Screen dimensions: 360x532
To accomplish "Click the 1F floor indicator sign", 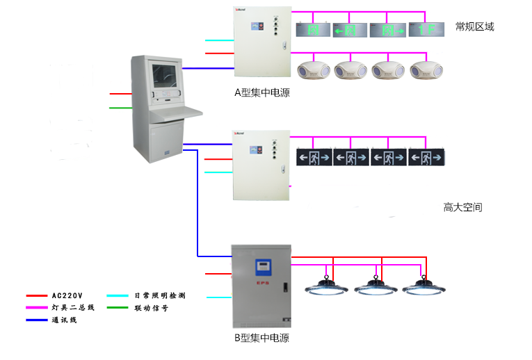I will point(426,30).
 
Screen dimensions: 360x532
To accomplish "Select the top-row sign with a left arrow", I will point(350,30).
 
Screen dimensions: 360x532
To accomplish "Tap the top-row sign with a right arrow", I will point(389,30).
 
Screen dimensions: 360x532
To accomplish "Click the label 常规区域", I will point(474,26).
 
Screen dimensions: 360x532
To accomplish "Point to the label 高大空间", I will point(462,207).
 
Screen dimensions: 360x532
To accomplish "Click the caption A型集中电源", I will point(261,92).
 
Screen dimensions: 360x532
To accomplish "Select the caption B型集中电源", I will point(261,338).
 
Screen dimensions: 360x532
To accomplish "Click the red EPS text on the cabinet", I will point(262,284).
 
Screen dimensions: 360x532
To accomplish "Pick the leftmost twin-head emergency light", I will point(313,70).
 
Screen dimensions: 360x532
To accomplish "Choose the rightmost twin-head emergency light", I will point(426,70).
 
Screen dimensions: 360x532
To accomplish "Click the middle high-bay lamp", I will point(374,286).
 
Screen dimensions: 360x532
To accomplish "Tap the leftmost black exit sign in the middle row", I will point(314,158).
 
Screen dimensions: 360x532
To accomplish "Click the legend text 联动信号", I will point(151,307).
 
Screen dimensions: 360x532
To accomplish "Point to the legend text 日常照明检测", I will point(159,295).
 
